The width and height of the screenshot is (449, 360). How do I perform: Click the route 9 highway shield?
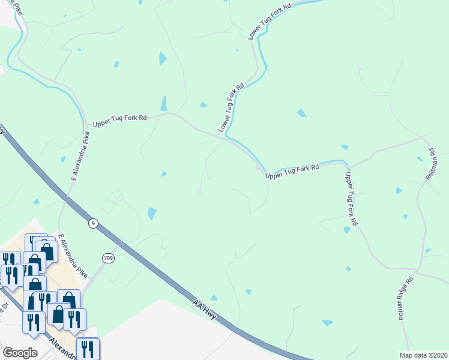click(92, 223)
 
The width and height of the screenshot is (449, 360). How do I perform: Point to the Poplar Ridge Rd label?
click(406, 298)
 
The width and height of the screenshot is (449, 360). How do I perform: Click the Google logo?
click(20, 352)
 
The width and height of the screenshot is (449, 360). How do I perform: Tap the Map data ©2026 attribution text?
click(424, 355)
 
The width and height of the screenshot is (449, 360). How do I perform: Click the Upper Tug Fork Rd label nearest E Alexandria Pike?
click(119, 121)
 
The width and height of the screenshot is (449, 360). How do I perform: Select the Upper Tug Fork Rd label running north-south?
click(351, 199)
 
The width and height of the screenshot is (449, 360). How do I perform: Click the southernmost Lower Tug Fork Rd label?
click(232, 109)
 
